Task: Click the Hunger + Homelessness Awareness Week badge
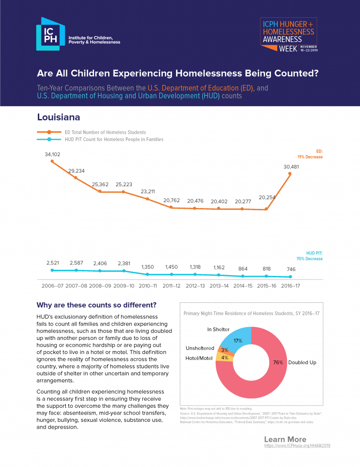point(288,36)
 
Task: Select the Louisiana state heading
point(58,117)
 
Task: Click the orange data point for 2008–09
point(100,192)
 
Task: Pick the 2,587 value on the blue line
point(76,263)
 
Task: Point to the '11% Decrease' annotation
point(311,157)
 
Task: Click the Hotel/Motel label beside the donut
point(199,358)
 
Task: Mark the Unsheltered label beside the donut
point(199,348)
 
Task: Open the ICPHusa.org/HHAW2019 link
point(297,445)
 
